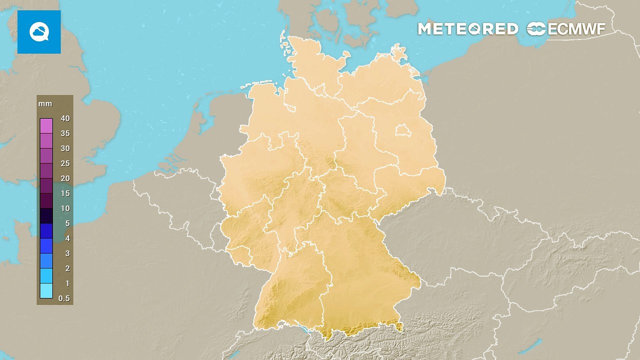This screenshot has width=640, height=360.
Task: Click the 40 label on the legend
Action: click(65, 118)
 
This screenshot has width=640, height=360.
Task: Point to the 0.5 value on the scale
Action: click(64, 298)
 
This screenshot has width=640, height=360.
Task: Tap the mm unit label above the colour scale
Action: click(45, 104)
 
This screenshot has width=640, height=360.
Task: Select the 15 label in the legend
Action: click(65, 193)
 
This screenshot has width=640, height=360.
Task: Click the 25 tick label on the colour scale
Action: click(65, 163)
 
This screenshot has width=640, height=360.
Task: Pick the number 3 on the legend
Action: click(67, 253)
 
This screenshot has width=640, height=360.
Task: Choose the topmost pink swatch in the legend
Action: click(46, 125)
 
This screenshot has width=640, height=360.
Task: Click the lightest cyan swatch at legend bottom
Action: click(46, 290)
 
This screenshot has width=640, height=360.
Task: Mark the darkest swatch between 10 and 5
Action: click(46, 215)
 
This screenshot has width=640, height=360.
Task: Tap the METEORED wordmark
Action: click(468, 29)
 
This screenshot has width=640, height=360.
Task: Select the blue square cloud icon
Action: click(39, 32)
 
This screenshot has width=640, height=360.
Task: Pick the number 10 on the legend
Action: click(65, 208)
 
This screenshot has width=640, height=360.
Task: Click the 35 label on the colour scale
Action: click(65, 133)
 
